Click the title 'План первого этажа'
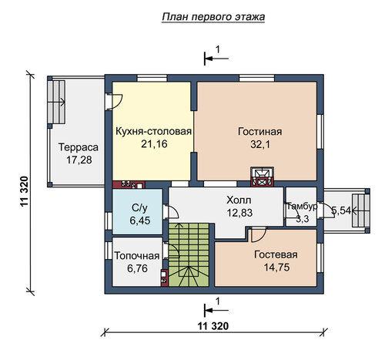[x=213, y=17]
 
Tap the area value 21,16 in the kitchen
[x=154, y=144]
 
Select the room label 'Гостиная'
[x=260, y=132]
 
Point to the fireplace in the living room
[x=262, y=177]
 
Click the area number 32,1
[x=260, y=145]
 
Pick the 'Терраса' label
[x=79, y=147]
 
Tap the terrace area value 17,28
[x=79, y=160]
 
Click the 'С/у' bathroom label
[x=139, y=208]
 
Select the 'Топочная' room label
[x=137, y=256]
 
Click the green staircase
[x=189, y=254]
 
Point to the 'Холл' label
[x=239, y=200]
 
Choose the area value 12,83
[x=239, y=213]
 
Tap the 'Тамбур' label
[x=302, y=207]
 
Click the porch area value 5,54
[x=341, y=210]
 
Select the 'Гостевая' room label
[x=276, y=254]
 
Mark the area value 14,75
[x=276, y=267]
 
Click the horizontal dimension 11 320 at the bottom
[x=213, y=326]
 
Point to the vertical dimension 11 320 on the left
[x=24, y=191]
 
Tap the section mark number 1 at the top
[x=218, y=49]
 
